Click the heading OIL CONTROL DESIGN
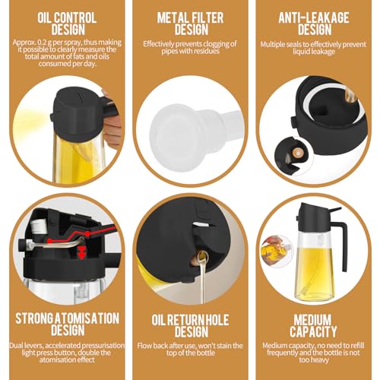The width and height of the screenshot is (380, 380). [67, 24]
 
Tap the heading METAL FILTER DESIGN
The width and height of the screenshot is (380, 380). [190, 24]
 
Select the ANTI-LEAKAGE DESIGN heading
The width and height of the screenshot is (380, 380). [314, 24]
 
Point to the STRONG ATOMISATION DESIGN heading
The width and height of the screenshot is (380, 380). [68, 325]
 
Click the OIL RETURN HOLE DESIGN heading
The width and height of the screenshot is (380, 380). [190, 326]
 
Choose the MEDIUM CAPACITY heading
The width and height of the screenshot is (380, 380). [313, 326]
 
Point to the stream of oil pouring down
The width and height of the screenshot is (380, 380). [202, 279]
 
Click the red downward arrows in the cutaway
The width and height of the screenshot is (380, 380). [81, 252]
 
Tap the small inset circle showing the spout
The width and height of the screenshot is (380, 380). [294, 155]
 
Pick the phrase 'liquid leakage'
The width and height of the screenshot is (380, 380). [314, 52]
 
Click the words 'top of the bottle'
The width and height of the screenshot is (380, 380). [191, 353]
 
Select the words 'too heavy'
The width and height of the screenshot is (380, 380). [314, 359]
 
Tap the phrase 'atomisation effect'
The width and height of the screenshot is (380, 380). [67, 359]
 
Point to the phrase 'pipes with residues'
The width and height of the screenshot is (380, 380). [190, 51]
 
